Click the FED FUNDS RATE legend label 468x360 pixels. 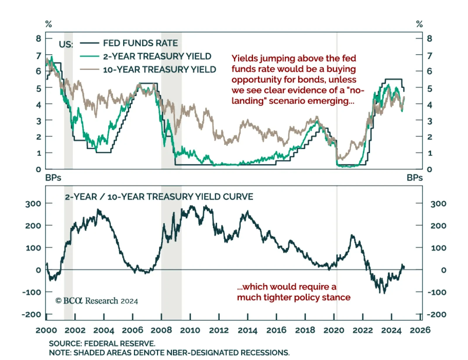[x=140, y=43]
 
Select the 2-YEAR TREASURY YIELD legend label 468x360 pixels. [x=157, y=56]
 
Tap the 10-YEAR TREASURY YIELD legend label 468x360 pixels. [x=159, y=70]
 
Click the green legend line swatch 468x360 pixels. [x=90, y=56]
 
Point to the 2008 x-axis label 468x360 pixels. [x=161, y=330]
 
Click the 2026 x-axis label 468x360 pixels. [x=420, y=330]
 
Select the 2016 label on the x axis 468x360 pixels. [x=276, y=330]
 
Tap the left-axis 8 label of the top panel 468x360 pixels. [x=39, y=38]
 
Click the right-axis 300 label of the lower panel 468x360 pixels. [x=438, y=204]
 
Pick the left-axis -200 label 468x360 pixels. [x=31, y=315]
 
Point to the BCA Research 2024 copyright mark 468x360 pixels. [x=97, y=301]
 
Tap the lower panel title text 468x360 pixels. [x=159, y=197]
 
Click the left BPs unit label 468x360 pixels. [x=53, y=178]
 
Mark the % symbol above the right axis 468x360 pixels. [x=419, y=24]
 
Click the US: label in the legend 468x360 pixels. [x=66, y=44]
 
